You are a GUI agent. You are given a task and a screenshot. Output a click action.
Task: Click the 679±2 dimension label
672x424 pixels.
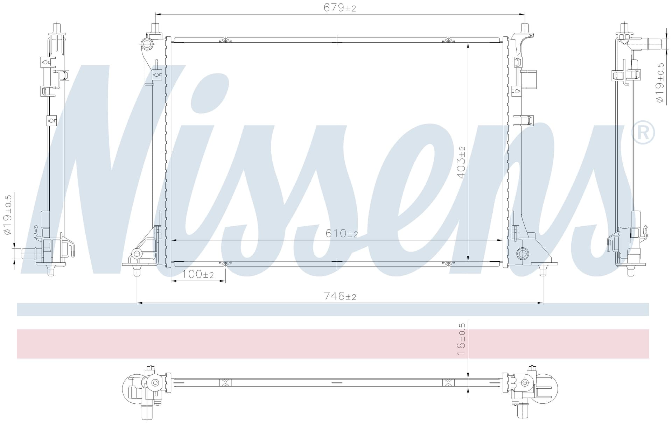click(339, 8)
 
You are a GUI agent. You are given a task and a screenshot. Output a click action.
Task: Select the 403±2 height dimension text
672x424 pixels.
click(462, 162)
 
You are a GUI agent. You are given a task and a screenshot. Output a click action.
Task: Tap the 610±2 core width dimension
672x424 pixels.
click(342, 233)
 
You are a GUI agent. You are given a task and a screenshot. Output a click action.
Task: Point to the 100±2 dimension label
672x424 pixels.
click(198, 274)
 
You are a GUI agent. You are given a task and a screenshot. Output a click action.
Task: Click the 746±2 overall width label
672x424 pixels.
click(340, 296)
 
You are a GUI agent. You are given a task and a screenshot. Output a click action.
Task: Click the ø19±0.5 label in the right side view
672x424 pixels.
click(660, 83)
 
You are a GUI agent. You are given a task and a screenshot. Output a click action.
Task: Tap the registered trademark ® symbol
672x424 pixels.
click(643, 133)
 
